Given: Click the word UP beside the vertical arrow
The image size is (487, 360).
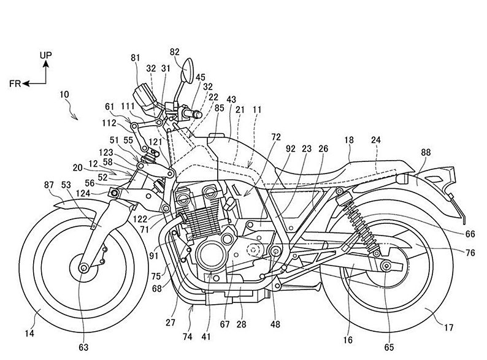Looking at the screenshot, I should pyautogui.click(x=45, y=55).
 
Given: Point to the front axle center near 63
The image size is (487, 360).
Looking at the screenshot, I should pyautogui.click(x=83, y=267).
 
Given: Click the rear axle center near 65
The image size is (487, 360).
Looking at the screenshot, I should pyautogui.click(x=386, y=266).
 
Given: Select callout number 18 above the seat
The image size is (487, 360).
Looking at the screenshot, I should pyautogui.click(x=348, y=141).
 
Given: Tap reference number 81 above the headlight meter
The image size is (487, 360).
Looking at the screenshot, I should pyautogui.click(x=135, y=59).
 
